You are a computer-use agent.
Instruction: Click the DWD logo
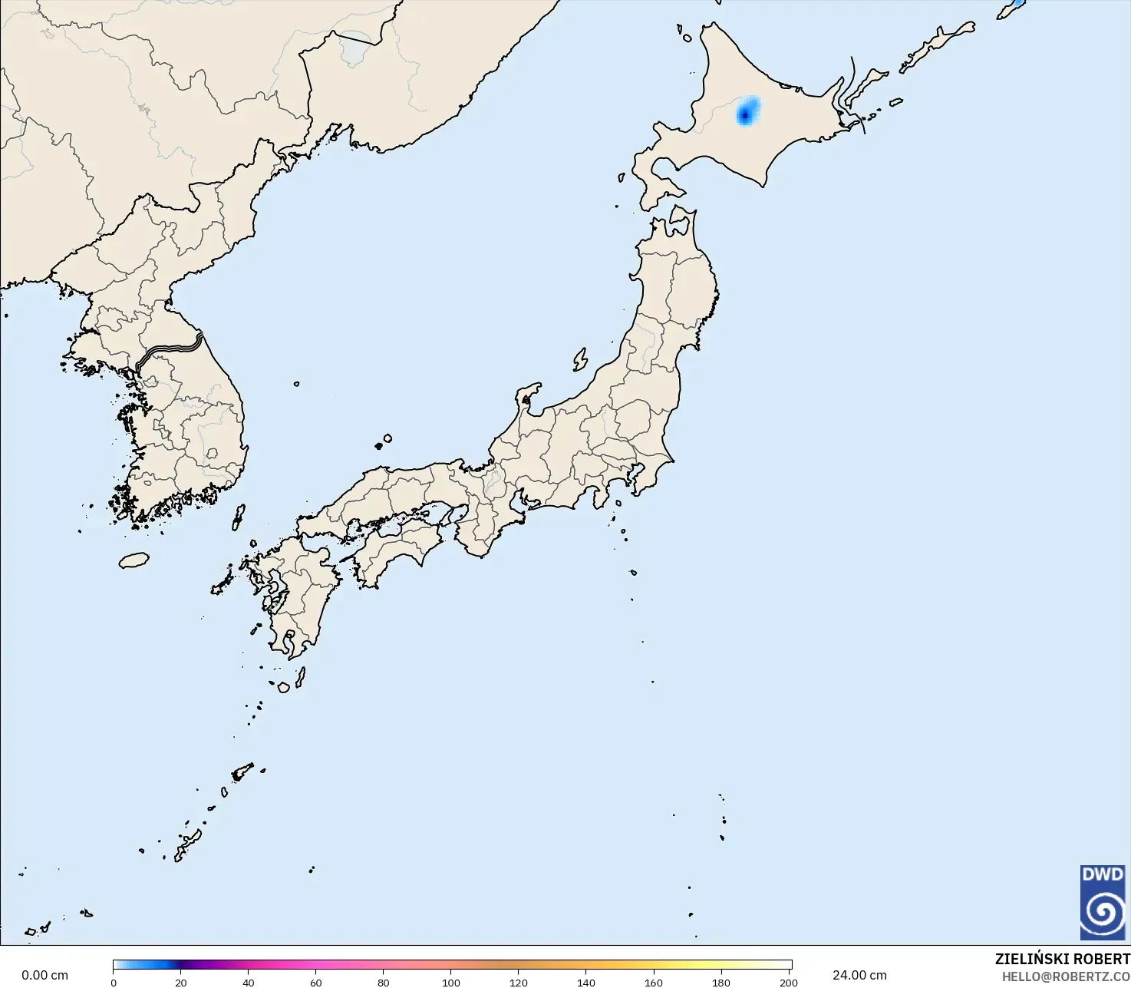(1103, 902)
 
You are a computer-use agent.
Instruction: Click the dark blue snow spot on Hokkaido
(744, 115)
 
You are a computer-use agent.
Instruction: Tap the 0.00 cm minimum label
(45, 975)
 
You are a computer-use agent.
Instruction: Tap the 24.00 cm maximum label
(859, 975)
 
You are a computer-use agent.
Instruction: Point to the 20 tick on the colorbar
(180, 982)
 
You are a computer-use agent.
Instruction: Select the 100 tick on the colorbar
(451, 982)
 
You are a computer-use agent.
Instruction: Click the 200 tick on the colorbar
(788, 982)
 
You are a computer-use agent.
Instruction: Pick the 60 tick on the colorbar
(316, 982)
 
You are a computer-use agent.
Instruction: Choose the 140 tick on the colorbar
(586, 982)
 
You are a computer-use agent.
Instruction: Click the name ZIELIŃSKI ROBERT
(1062, 959)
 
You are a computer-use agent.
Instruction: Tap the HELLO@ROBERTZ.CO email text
(1066, 976)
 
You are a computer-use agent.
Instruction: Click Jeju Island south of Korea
(134, 560)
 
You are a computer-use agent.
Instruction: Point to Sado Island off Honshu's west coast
(580, 359)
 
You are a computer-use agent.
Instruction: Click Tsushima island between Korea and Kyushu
(239, 517)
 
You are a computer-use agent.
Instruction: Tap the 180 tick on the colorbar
(721, 982)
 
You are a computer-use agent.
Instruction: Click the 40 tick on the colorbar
(249, 982)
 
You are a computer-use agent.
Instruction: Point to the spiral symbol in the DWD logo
(1103, 911)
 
